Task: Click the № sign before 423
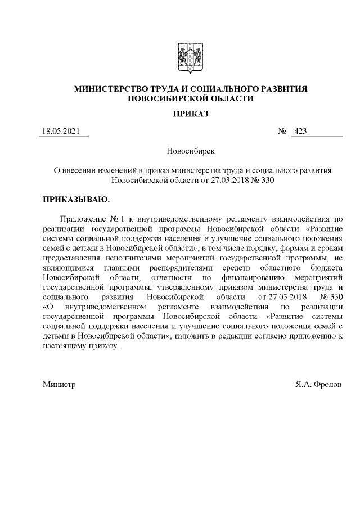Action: pyautogui.click(x=282, y=132)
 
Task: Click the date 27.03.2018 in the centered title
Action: pyautogui.click(x=227, y=181)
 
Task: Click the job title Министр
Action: pyautogui.click(x=59, y=385)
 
